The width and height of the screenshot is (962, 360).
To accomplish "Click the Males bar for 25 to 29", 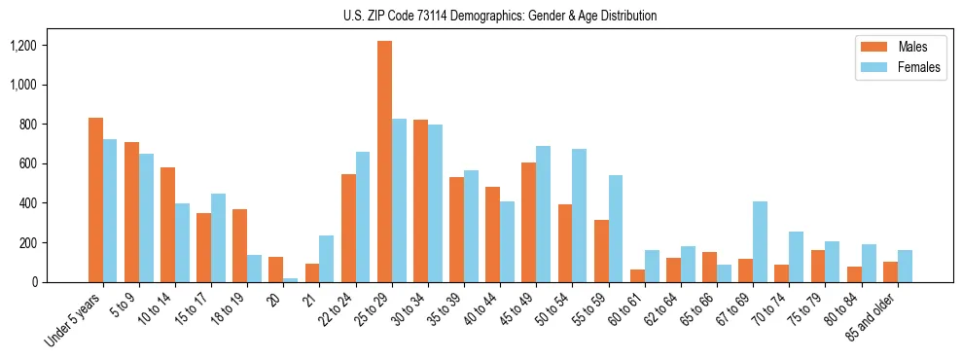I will tap(384, 162).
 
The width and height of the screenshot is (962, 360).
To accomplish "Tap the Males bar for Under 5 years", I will tap(95, 199).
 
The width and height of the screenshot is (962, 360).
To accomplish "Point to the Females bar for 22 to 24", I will tap(363, 217).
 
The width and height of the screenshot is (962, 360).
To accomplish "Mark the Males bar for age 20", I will tap(275, 270).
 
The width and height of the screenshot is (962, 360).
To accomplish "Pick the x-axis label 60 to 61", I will tap(624, 308).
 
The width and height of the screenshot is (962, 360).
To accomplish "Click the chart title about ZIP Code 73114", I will tap(500, 16).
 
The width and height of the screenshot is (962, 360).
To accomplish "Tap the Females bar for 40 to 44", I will tap(507, 241).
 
